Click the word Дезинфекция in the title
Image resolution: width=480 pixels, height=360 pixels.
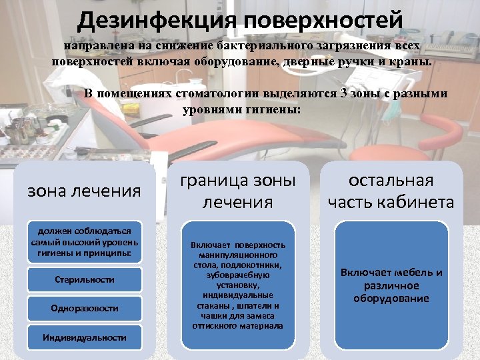pos(157,20)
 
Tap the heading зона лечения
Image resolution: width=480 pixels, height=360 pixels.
pos(84,191)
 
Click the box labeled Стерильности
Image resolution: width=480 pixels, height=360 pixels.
pos(84,279)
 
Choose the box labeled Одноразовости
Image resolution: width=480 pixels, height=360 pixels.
pos(84,309)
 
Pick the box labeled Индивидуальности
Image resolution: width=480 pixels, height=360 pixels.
pos(84,337)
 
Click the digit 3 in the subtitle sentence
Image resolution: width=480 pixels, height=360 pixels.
pos(343,93)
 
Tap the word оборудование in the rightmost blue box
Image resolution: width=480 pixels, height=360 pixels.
pos(391,298)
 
